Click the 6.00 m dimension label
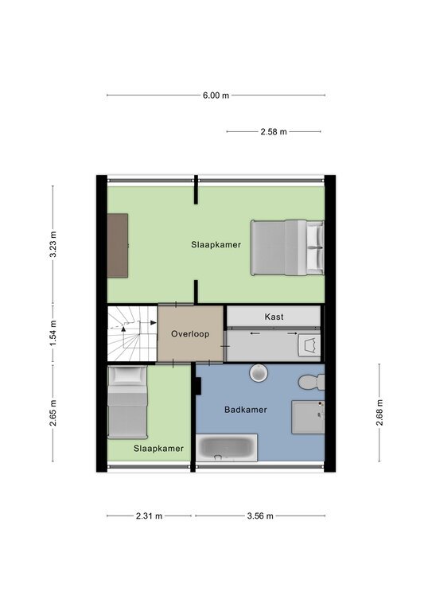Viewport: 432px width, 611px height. [216, 95]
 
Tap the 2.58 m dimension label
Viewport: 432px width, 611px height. [274, 132]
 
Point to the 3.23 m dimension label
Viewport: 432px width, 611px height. [53, 244]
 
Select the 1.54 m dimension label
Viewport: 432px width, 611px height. [53, 333]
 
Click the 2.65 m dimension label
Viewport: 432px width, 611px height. [53, 413]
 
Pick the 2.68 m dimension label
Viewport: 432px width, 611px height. [379, 413]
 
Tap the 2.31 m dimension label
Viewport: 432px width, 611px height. [150, 516]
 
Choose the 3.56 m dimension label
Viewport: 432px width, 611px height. [260, 516]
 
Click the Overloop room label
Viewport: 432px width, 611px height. [190, 334]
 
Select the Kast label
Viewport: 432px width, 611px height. [274, 317]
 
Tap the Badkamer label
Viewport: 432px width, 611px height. [245, 410]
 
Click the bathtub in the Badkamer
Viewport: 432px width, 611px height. [226, 447]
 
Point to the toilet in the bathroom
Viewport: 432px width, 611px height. [311, 382]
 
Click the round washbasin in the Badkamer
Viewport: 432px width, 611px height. [259, 373]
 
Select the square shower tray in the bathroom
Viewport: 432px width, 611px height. [308, 418]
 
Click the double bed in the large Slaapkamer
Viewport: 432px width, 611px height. [287, 248]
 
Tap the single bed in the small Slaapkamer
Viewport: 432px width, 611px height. [127, 402]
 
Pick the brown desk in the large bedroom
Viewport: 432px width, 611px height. [118, 246]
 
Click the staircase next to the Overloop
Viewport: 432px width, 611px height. [132, 334]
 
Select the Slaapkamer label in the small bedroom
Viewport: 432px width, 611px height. [158, 449]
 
